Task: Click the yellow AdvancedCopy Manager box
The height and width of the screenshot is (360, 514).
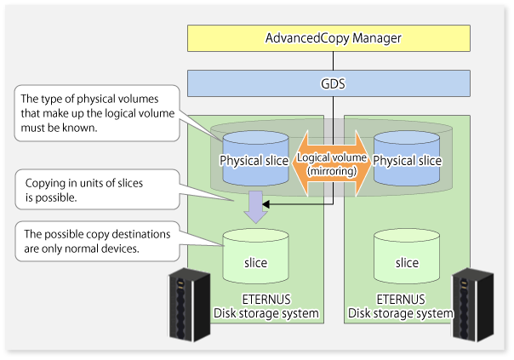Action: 328,38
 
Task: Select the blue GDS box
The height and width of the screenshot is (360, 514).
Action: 328,83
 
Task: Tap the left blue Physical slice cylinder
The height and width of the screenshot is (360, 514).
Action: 255,158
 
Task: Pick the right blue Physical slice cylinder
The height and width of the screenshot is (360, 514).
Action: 407,158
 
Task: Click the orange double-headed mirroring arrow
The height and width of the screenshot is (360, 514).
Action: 331,163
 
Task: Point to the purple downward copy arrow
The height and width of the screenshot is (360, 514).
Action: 255,207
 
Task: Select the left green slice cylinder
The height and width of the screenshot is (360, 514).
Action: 255,256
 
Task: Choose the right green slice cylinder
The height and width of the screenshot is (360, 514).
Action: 407,256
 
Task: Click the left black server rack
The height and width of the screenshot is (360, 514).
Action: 189,305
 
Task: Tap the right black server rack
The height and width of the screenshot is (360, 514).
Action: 472,305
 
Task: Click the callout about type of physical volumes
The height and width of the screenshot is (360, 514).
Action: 97,113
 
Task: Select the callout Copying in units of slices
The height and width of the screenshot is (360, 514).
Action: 97,190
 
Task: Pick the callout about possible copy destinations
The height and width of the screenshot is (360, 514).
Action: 97,242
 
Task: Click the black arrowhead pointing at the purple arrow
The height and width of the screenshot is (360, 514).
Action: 266,204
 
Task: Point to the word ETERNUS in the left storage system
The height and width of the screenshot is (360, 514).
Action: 266,300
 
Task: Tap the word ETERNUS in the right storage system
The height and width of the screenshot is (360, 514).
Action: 401,300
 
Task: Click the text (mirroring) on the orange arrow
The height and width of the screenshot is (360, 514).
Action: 332,171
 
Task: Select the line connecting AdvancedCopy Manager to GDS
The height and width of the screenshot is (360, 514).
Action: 333,61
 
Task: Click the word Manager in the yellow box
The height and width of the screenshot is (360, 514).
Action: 377,38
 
